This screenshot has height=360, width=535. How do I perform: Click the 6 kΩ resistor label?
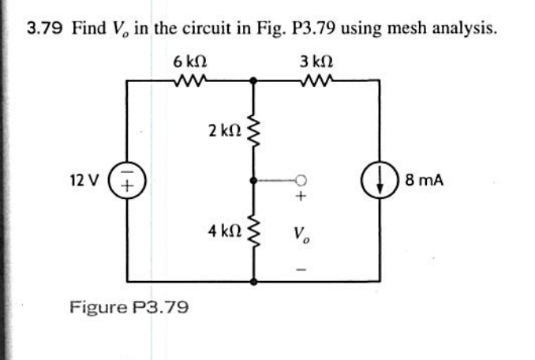(190, 61)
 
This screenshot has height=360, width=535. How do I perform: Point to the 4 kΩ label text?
(223, 232)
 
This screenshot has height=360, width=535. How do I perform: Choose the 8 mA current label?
(424, 180)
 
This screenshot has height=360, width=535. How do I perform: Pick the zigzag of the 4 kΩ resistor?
(253, 232)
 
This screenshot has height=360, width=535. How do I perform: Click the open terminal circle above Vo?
(301, 180)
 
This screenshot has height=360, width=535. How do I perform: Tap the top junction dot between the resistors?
(253, 80)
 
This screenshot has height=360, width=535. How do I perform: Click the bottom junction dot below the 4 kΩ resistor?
(253, 280)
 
